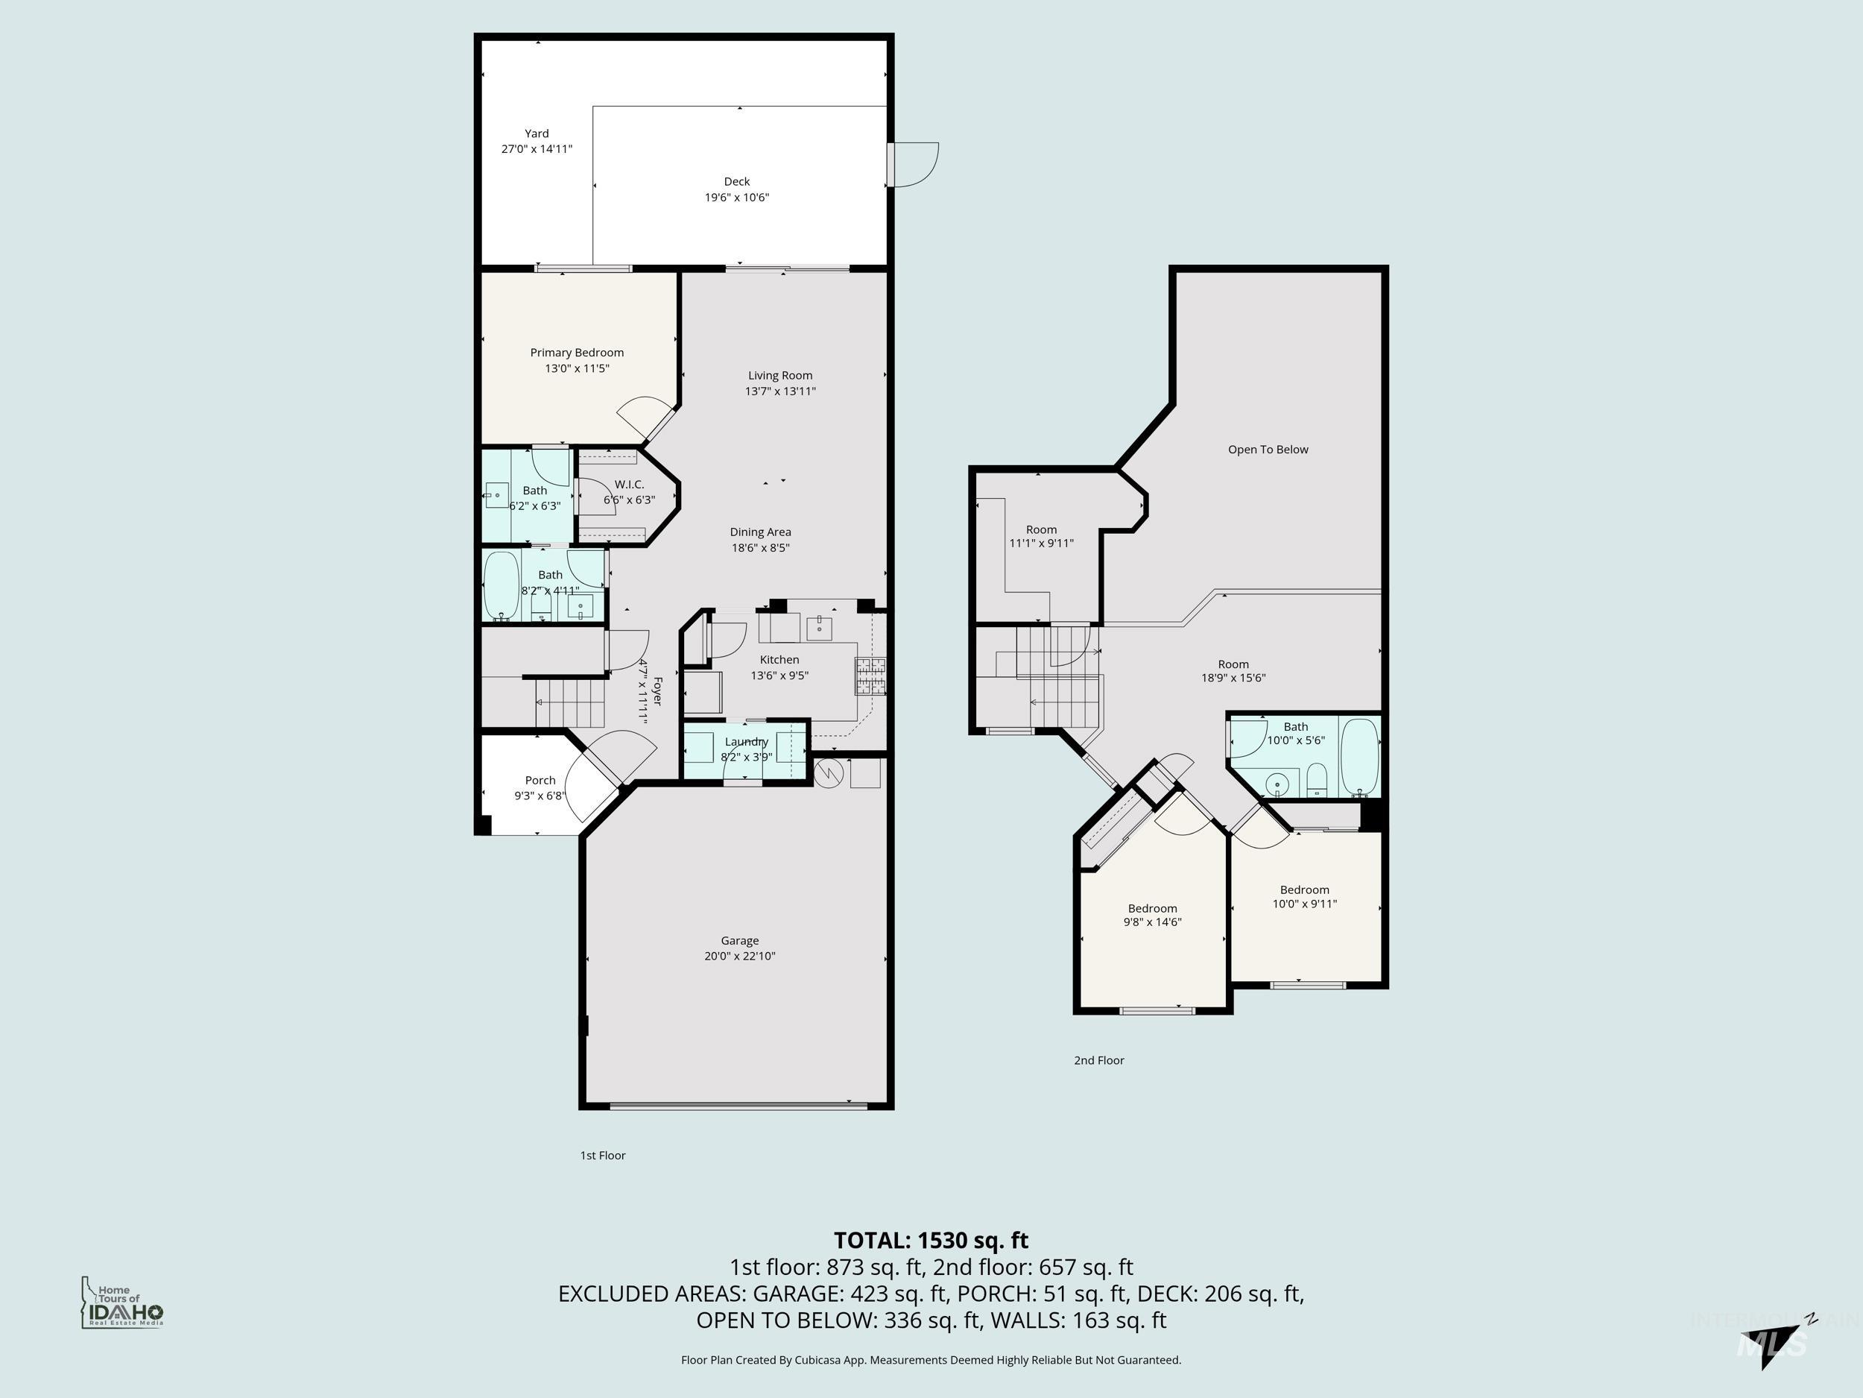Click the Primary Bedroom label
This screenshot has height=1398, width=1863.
(x=576, y=352)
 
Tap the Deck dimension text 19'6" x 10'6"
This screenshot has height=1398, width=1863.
(x=737, y=197)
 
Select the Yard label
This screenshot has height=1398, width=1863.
(x=537, y=133)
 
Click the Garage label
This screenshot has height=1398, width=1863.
(x=739, y=940)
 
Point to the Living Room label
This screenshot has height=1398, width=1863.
(x=780, y=376)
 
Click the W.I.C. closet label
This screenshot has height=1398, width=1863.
(x=629, y=485)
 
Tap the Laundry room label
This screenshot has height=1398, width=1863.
(x=746, y=742)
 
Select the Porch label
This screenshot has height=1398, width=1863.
(x=540, y=781)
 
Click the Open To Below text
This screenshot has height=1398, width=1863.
(x=1268, y=449)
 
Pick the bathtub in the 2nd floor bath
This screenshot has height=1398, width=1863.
(x=1358, y=755)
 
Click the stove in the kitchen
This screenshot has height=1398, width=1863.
(x=872, y=676)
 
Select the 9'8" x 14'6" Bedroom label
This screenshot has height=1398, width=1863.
(x=1152, y=908)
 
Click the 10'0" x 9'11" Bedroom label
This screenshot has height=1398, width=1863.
(x=1305, y=890)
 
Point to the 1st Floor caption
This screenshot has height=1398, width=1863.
(x=602, y=1156)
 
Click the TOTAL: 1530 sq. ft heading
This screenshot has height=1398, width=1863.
(x=931, y=1241)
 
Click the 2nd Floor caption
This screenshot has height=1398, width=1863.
(x=1098, y=1060)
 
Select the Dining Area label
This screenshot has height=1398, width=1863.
(x=759, y=532)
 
